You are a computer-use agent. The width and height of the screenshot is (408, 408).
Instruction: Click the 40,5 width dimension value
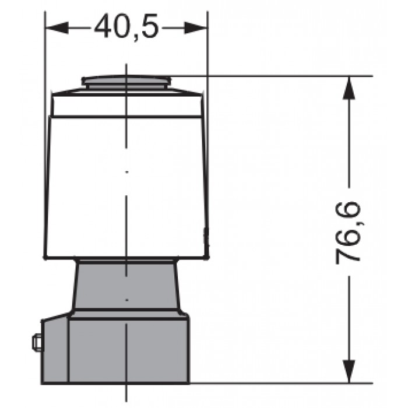click(126, 26)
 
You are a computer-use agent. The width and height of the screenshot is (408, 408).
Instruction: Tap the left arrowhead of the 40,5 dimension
click(57, 27)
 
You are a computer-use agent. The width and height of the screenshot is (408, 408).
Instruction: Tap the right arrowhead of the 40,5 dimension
click(196, 27)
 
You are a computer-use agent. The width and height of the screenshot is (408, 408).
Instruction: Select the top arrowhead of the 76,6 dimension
click(349, 87)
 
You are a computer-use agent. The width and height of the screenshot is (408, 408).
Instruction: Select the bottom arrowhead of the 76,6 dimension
click(349, 372)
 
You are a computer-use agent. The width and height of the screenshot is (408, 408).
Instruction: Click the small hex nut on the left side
click(37, 343)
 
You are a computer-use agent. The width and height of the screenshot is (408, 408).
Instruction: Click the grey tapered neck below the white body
click(126, 285)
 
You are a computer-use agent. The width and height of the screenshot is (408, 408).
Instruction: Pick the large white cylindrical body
click(126, 187)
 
